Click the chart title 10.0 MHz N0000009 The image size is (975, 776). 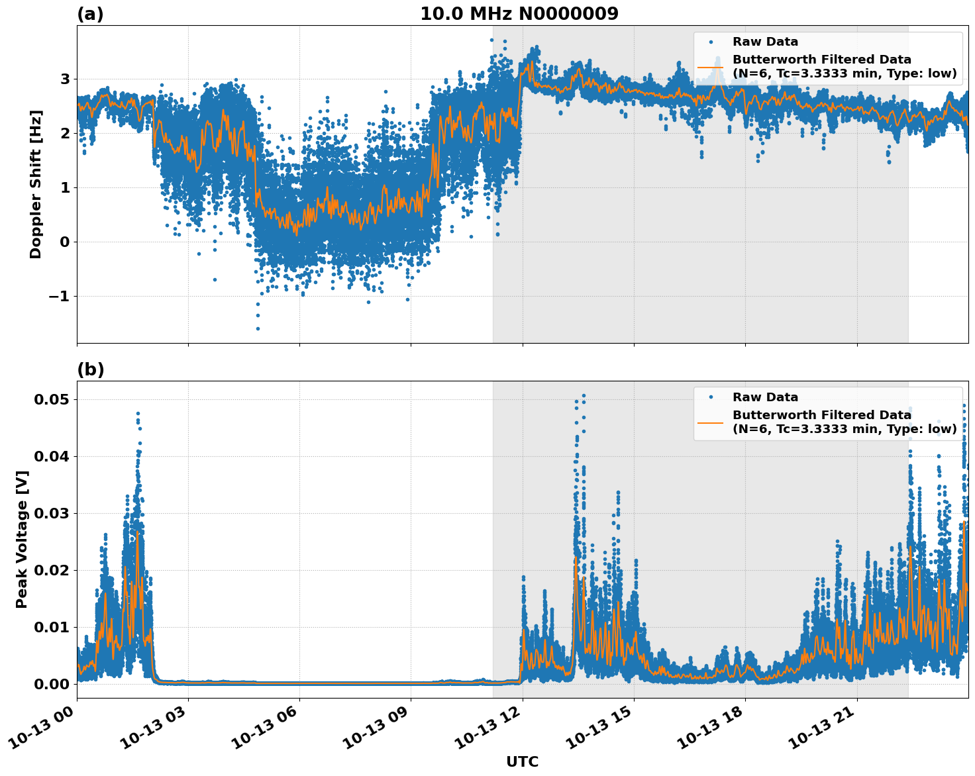(x=519, y=14)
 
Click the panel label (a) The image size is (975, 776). (x=90, y=14)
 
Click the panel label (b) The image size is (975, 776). (x=90, y=369)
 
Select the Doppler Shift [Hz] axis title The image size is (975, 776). (x=36, y=184)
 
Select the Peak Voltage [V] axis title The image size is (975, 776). (x=22, y=540)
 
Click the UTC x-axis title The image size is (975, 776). (x=523, y=761)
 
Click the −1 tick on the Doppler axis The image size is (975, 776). (x=58, y=296)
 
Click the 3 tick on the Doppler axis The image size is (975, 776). (x=65, y=79)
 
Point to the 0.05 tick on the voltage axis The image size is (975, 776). (x=52, y=399)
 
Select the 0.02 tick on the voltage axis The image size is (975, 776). (x=52, y=570)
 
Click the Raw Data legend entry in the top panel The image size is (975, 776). (x=765, y=42)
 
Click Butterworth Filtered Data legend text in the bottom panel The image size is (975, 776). (x=821, y=415)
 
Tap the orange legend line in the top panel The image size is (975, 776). (x=710, y=67)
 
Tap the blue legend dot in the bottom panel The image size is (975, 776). (x=710, y=397)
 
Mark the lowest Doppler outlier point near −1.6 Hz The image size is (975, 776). (x=258, y=328)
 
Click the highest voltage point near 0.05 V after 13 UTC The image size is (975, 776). (x=584, y=396)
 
